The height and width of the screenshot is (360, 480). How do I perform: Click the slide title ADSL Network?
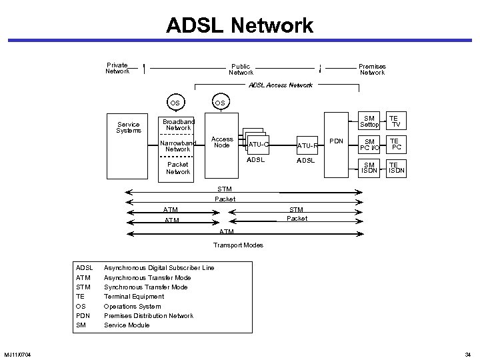click(x=240, y=25)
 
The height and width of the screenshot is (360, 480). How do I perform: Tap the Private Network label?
click(x=117, y=68)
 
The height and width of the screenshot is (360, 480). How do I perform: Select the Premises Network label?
click(x=372, y=69)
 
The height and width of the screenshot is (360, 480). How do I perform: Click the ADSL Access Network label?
click(x=280, y=85)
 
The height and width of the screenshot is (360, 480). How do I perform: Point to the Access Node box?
click(x=222, y=143)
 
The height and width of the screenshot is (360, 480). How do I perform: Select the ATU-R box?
click(x=307, y=145)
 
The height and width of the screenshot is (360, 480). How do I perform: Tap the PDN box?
click(x=336, y=141)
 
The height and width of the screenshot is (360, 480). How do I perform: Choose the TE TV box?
click(x=395, y=121)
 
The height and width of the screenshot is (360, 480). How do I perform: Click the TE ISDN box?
click(x=395, y=167)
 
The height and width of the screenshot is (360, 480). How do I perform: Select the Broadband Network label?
click(x=178, y=125)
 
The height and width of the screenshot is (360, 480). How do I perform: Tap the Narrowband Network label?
click(x=178, y=146)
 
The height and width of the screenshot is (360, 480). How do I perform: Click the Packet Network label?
click(x=178, y=168)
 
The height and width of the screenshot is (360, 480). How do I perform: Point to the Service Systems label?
click(x=128, y=127)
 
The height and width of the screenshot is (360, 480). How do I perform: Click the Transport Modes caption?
click(x=238, y=245)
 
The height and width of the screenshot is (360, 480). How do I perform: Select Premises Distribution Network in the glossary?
click(x=149, y=315)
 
